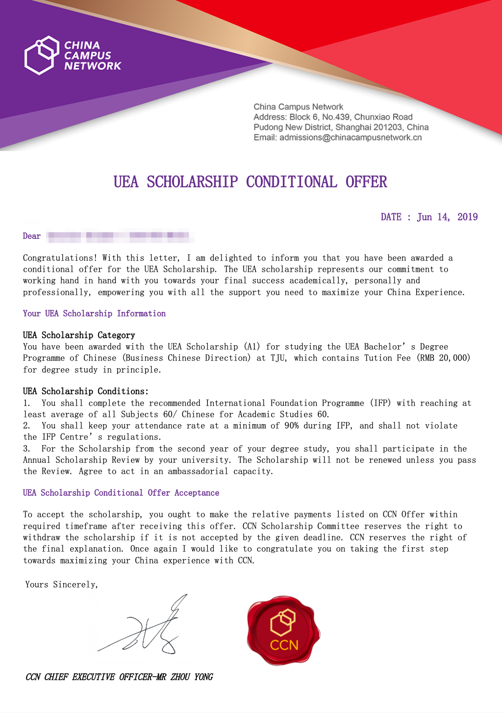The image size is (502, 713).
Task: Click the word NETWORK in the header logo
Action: point(93,66)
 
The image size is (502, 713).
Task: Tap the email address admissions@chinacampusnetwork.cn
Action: point(351,138)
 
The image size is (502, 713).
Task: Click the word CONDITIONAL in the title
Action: point(291,182)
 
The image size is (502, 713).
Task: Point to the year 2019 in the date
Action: point(467,217)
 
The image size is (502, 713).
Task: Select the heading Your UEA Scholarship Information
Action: point(94,314)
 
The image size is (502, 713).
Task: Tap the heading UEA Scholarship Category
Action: point(79,335)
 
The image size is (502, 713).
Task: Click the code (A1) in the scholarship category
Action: point(252,347)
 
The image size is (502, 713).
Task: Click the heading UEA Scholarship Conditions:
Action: point(85,391)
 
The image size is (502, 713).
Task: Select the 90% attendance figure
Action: point(291,426)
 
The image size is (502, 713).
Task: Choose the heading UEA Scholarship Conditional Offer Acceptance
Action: point(121,493)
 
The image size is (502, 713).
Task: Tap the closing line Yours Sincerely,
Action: point(62,585)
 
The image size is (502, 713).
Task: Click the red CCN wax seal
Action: point(283,631)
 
